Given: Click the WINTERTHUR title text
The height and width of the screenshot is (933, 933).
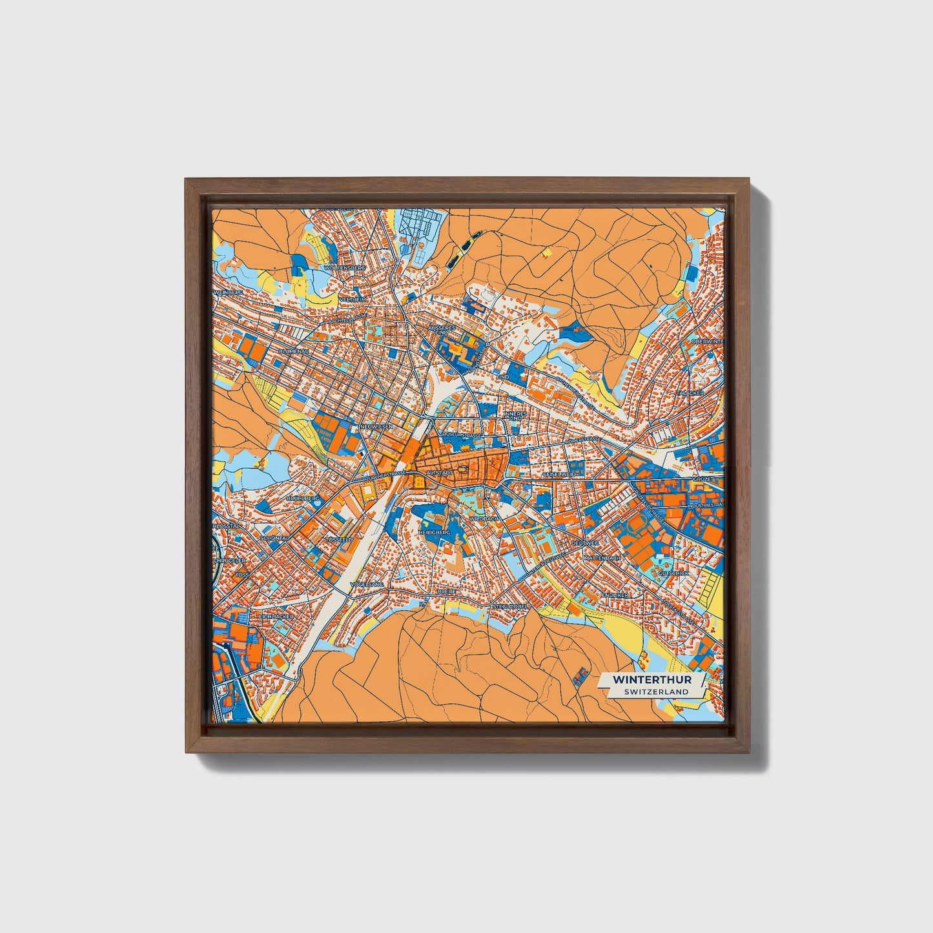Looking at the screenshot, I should [x=651, y=680].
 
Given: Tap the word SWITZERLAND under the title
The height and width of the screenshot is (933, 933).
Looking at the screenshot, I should [x=656, y=692].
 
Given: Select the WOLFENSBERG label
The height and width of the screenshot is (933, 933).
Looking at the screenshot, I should [x=346, y=267].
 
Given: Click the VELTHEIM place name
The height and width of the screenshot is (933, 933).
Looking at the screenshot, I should [x=354, y=300].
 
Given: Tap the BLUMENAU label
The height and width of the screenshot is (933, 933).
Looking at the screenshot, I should [x=294, y=351].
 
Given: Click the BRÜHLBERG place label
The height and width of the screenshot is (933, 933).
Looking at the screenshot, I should [x=303, y=499].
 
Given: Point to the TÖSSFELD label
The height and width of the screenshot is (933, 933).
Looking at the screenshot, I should [x=339, y=539].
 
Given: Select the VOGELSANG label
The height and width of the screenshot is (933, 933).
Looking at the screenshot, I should [x=366, y=584].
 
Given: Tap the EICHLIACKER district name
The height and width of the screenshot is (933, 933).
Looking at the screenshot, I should [x=276, y=617].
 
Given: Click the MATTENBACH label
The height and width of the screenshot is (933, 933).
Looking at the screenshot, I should [x=602, y=557].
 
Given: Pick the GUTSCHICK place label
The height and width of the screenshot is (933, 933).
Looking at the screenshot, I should [x=673, y=573].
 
